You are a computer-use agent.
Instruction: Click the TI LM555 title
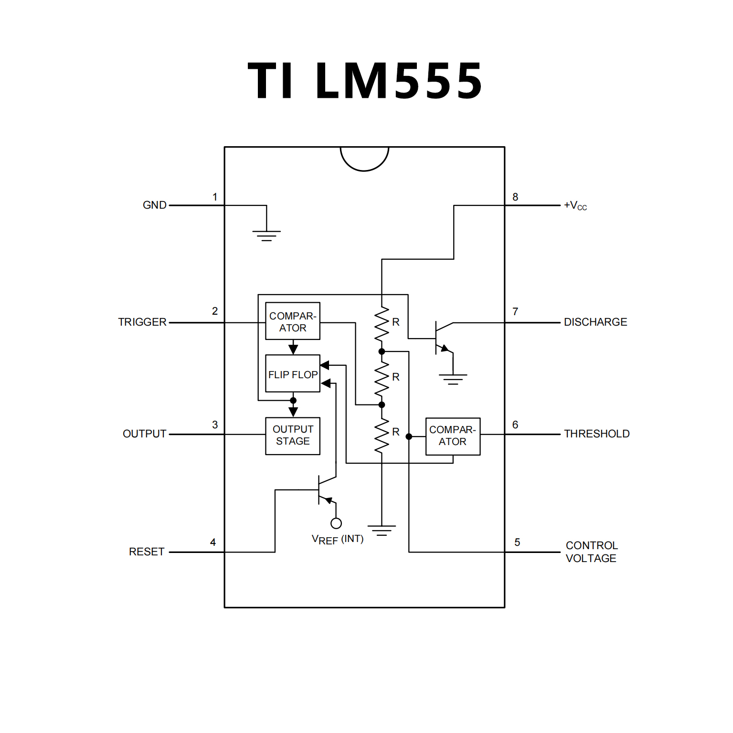pos(365,81)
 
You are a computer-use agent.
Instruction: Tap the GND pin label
pos(154,205)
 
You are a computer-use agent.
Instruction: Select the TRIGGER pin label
pos(142,322)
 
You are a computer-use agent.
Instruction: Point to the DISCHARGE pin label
pos(595,322)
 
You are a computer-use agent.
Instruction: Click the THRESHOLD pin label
pos(596,434)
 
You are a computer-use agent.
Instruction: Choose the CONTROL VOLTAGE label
pos(591,552)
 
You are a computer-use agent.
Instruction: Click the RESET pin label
pos(147,552)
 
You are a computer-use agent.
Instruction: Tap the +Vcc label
pos(575,206)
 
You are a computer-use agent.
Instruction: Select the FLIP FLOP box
pos(293,374)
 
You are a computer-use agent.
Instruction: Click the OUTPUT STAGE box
pos(293,436)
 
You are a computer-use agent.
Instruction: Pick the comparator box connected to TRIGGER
pos(293,321)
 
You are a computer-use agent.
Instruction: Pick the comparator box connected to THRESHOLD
pos(453,436)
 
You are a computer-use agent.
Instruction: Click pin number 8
pos(515,197)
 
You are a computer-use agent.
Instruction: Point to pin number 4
pos(213,542)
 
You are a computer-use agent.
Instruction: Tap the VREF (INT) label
pos(337,540)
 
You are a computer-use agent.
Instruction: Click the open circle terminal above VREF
pos(336,523)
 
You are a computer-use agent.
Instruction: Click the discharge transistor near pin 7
pos(442,338)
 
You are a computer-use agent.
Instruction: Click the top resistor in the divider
pos(382,324)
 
